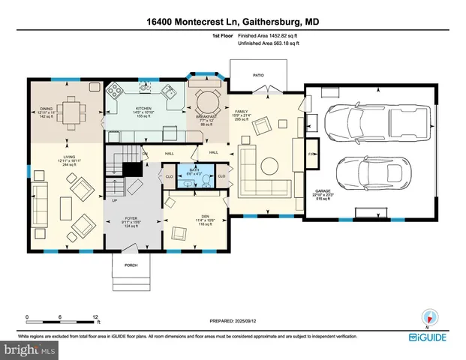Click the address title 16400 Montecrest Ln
(233, 22)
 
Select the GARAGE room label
(323, 191)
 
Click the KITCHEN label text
(144, 108)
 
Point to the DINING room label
(47, 108)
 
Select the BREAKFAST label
(206, 116)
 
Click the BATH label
(194, 170)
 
